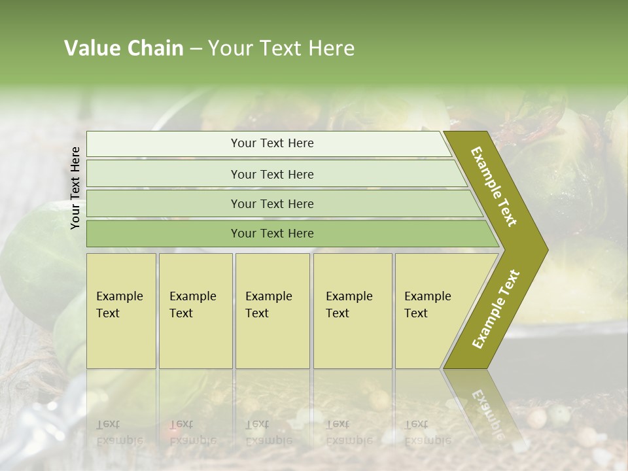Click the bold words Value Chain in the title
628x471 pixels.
124,48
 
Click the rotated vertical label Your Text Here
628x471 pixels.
75,188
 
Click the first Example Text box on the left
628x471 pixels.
121,311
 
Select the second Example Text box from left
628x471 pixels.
196,311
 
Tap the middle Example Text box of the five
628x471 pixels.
272,311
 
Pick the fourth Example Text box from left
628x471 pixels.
353,311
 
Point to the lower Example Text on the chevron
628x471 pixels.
496,309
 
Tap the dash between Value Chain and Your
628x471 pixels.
196,48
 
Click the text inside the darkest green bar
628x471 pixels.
272,234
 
